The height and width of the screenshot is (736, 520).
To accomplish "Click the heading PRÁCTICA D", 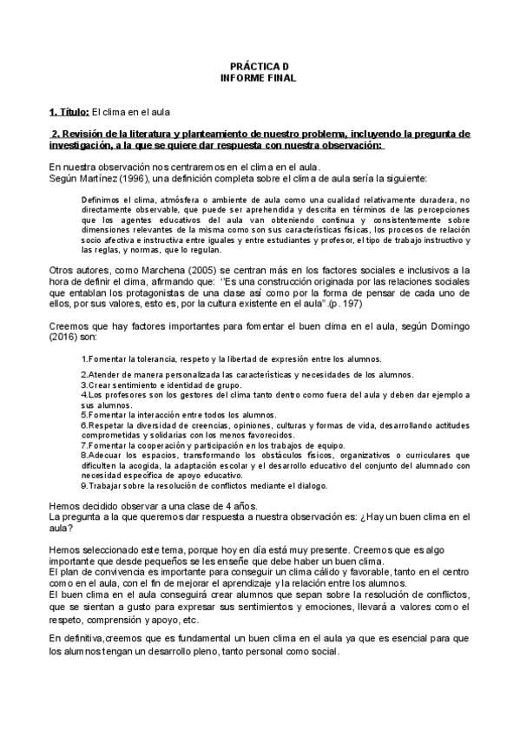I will point(259,67).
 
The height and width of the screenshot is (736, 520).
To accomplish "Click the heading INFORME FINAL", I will point(259,77).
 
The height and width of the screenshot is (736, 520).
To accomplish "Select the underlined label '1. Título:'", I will point(69,113).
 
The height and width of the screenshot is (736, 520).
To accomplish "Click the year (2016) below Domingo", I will point(64,336).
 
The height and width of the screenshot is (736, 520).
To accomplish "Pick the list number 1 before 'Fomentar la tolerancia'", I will point(82,358).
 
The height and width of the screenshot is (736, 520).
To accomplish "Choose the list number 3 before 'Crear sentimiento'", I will point(82,384).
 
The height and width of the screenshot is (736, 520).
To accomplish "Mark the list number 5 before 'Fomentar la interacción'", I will point(82,416).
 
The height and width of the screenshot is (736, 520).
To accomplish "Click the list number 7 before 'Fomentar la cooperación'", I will point(82,445).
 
